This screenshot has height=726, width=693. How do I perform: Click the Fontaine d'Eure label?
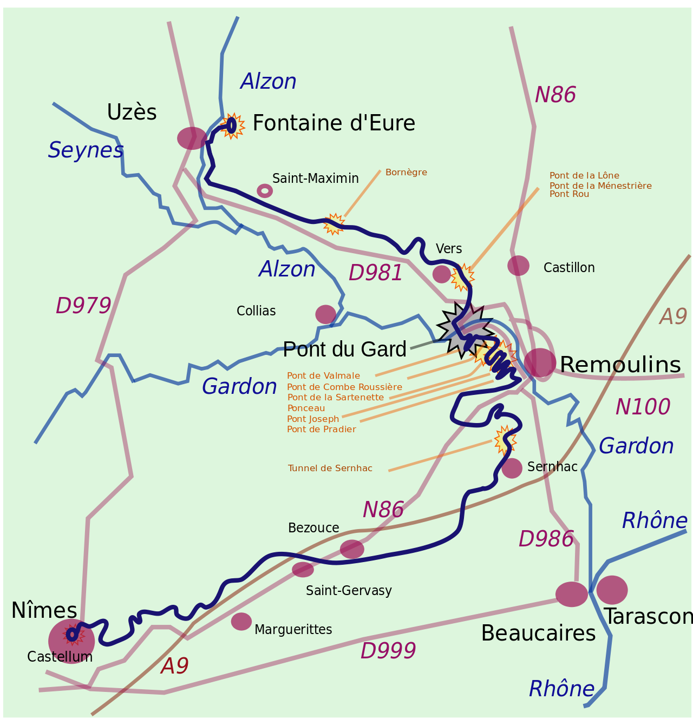pos(334,123)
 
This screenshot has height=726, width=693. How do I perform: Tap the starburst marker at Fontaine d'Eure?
pos(232,126)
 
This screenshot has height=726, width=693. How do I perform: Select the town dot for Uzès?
pos(192,138)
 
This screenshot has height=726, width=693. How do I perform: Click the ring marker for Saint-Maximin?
pos(265,190)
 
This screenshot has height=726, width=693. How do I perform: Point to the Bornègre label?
pos(406,173)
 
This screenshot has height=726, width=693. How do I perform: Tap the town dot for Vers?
pos(441,274)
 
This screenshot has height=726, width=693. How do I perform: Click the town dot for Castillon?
pos(518,266)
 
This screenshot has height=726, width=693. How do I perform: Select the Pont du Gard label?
pos(344,349)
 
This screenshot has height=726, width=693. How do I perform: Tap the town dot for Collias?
pos(325,314)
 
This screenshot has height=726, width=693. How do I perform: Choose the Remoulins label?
pos(620,365)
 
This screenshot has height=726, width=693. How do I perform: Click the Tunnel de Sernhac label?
pos(330,468)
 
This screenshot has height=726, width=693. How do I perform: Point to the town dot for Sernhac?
pos(512,468)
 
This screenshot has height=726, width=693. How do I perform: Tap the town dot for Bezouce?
pos(352,549)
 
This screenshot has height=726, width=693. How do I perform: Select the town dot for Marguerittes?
pos(241,622)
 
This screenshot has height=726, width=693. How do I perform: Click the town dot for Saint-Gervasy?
pos(303,570)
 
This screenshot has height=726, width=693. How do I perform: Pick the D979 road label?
pos(83,306)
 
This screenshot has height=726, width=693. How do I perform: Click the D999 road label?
pos(388,651)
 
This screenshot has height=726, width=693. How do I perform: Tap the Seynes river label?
pos(86,150)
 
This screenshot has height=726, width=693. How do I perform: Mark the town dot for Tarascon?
pos(612,590)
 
